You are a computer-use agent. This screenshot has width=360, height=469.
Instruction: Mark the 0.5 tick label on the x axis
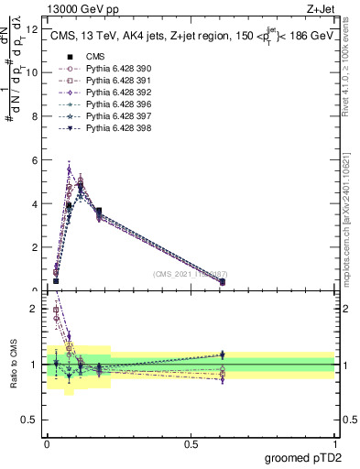(x=191, y=444)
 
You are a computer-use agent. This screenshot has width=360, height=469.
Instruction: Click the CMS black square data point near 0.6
(x=223, y=282)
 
